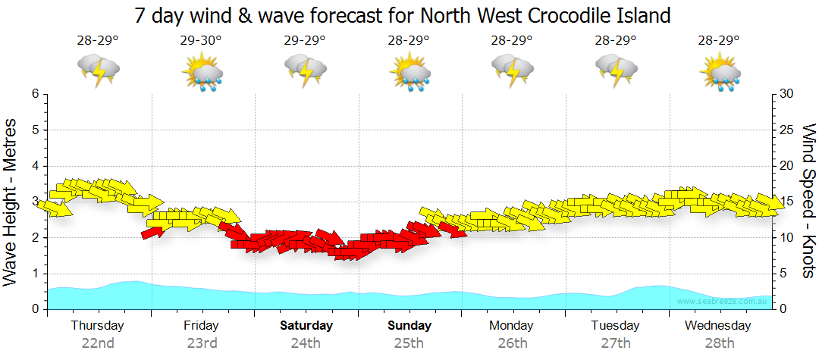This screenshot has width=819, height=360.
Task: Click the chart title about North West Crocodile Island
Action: click(403, 14)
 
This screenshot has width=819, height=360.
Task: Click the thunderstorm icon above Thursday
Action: click(98, 70)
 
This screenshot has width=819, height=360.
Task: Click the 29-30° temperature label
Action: click(201, 41)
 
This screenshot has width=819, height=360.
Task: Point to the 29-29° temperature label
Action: click(305, 41)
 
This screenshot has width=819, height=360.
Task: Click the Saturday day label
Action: click(306, 326)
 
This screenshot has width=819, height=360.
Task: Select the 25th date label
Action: click(409, 343)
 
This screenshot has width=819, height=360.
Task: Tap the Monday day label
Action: click(512, 326)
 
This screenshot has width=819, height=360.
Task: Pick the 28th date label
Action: click(718, 343)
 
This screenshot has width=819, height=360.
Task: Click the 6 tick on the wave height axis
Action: click(35, 94)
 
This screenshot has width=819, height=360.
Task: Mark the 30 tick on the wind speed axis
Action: click(786, 94)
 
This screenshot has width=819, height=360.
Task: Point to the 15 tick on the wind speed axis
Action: click(786, 202)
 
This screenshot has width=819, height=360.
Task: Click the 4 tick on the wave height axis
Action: click(35, 166)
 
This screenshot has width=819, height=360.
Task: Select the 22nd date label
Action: click(98, 343)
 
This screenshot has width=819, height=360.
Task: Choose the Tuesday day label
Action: click(616, 326)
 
